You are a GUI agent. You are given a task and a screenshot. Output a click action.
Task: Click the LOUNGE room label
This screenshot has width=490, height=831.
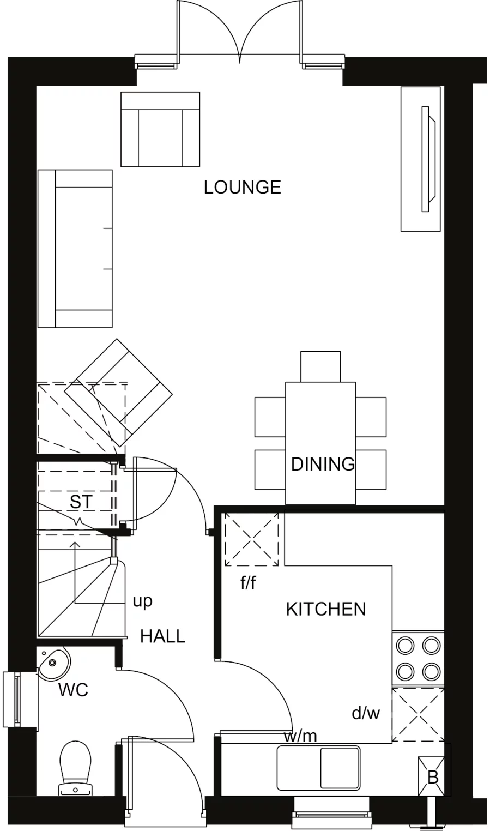pyautogui.click(x=243, y=187)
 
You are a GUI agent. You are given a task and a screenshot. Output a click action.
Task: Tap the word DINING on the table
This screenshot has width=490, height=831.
pyautogui.click(x=323, y=464)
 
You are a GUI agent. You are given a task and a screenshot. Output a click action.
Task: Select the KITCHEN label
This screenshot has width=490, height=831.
pyautogui.click(x=326, y=609)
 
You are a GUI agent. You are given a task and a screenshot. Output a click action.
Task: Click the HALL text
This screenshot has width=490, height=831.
pyautogui.click(x=163, y=636)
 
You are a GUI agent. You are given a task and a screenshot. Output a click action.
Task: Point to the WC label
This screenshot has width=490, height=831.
pyautogui.click(x=73, y=690)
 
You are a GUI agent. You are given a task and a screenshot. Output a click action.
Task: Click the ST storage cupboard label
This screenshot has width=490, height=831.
pyautogui.click(x=81, y=502)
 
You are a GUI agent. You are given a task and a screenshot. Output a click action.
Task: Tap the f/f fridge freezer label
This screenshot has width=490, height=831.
pyautogui.click(x=248, y=583)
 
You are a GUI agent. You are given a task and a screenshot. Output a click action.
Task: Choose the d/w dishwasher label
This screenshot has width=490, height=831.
pyautogui.click(x=365, y=713)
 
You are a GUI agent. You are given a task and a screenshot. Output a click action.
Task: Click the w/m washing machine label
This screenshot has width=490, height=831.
pyautogui.click(x=300, y=736)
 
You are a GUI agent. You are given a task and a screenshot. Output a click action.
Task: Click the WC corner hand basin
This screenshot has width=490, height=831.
pyautogui.click(x=53, y=662)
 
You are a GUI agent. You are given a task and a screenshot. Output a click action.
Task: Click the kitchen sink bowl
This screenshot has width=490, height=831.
pyautogui.click(x=338, y=768)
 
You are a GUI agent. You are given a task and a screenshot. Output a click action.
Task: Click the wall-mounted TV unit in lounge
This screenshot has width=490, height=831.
pyautogui.click(x=420, y=158)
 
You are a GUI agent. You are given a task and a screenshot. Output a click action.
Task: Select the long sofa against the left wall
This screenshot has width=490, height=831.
pyautogui.click(x=75, y=248)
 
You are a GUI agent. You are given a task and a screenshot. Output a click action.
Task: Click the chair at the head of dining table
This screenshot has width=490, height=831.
pyautogui.click(x=320, y=366)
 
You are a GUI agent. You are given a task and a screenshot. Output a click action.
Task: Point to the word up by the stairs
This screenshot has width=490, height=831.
pyautogui.click(x=142, y=601)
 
